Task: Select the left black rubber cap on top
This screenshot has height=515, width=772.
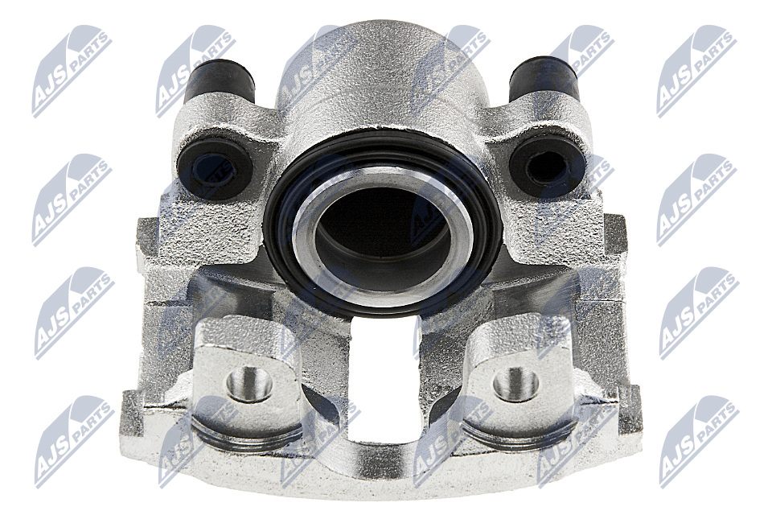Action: pos(220,80)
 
